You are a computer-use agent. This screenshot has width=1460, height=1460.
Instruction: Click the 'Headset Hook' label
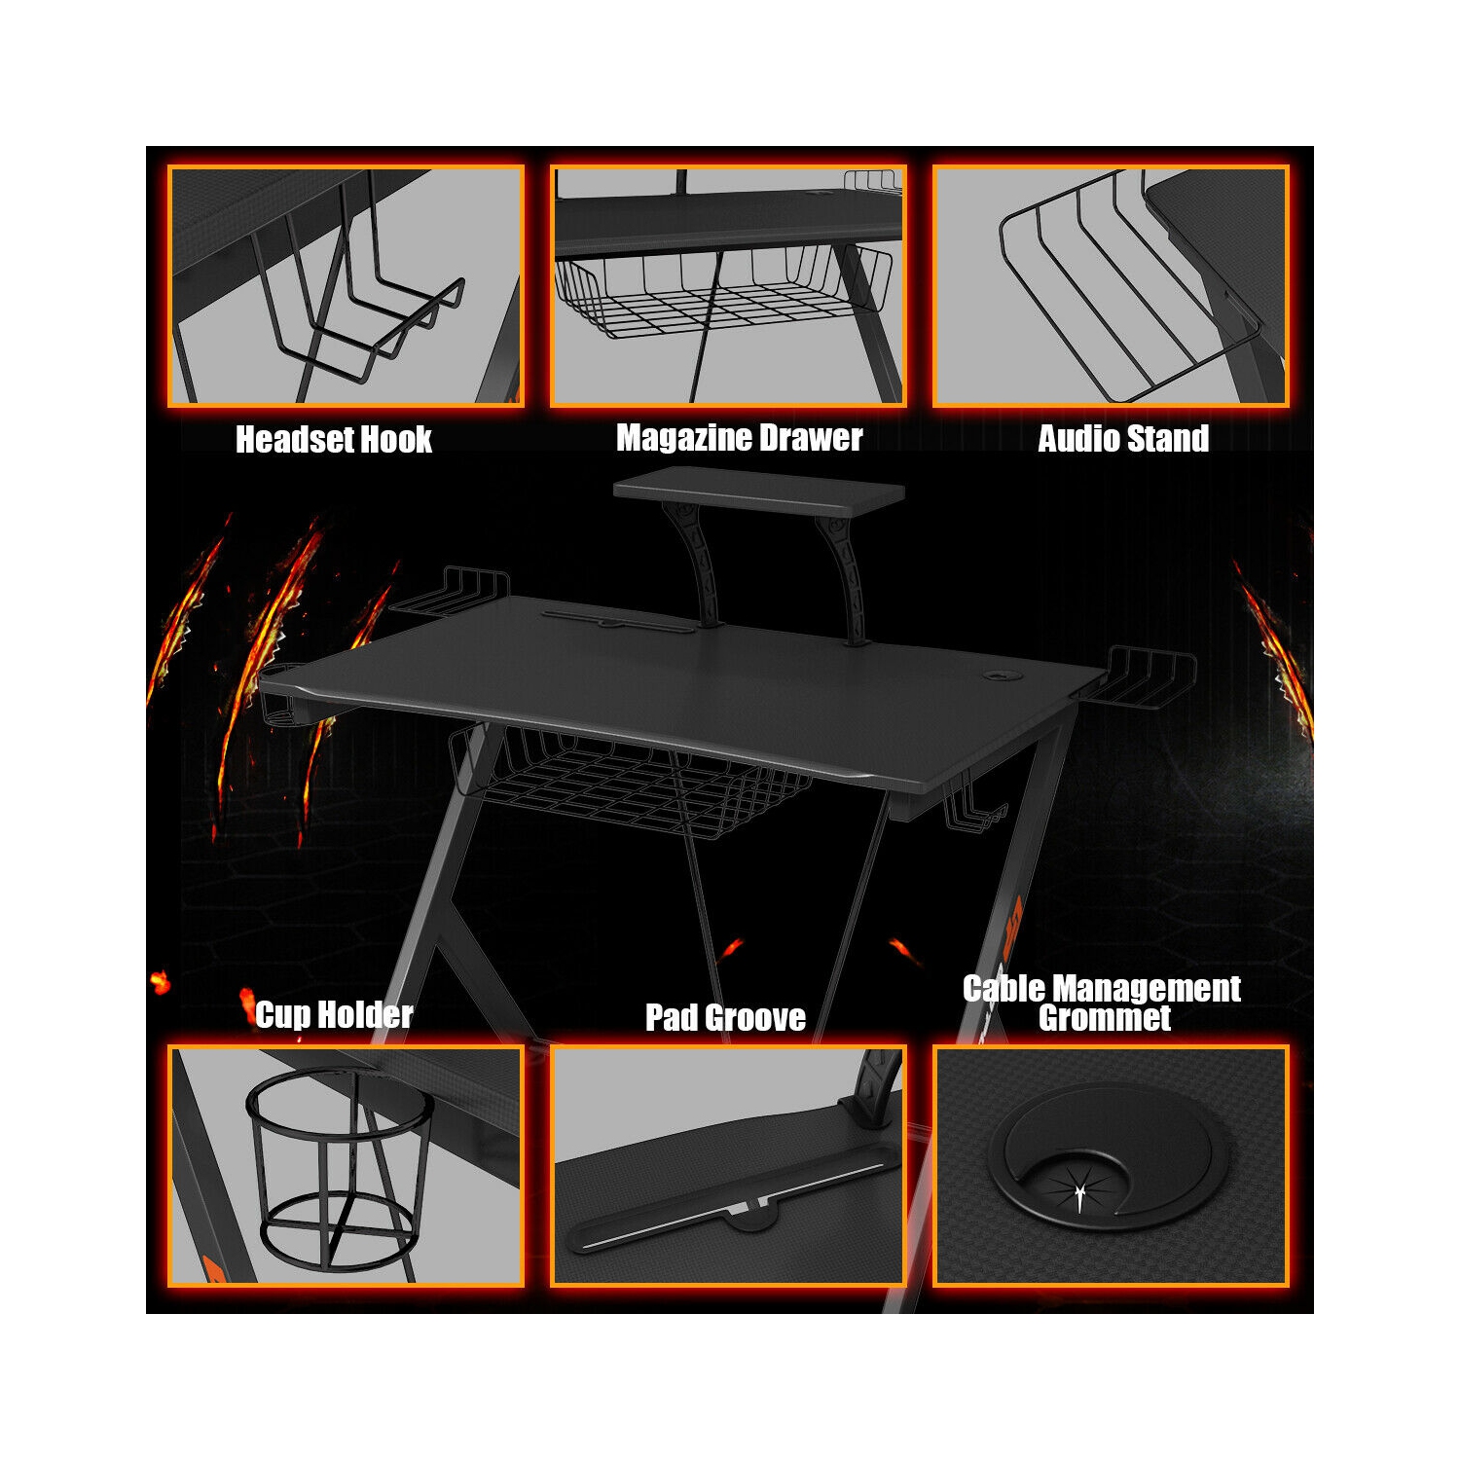click(x=334, y=440)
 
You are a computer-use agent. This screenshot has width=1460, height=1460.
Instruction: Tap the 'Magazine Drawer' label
click(x=739, y=439)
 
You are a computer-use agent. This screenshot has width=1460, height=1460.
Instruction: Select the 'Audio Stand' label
click(x=1123, y=439)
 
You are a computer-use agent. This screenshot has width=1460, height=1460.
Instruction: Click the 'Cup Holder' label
click(x=334, y=1015)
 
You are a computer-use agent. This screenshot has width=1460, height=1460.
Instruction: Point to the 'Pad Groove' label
click(x=725, y=1018)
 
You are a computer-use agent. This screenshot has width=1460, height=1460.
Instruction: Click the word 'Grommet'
click(x=1105, y=1019)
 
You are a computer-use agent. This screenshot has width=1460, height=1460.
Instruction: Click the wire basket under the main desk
click(x=633, y=779)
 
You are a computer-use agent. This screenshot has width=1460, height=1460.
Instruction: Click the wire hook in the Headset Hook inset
click(x=360, y=311)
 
